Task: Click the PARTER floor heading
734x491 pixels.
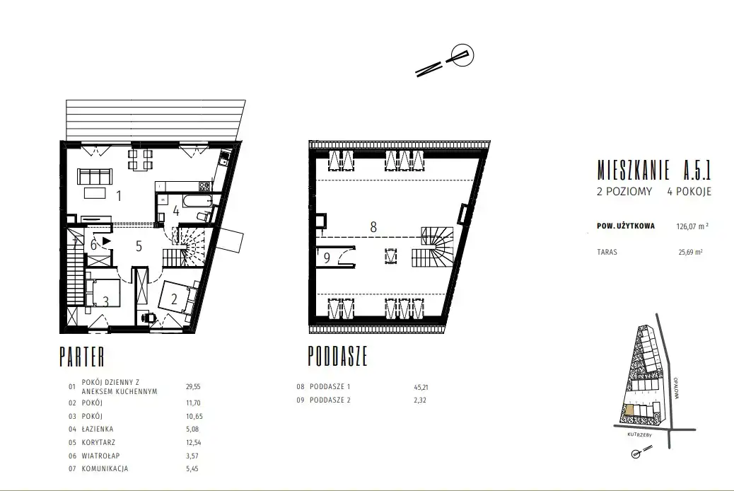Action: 82,357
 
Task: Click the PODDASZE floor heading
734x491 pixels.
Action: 337,356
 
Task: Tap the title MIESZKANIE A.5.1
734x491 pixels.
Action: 654,170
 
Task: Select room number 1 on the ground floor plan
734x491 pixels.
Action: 119,196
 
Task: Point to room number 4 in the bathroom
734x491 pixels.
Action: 176,211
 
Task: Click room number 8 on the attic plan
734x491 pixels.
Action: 373,227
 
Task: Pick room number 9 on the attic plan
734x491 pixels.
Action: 327,258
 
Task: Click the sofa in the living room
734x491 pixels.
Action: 95,176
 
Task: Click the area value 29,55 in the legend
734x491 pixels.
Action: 193,386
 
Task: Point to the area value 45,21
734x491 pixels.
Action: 421,388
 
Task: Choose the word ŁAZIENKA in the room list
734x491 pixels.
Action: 98,429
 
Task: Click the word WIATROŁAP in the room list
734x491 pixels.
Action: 100,456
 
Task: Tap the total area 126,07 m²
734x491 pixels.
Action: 692,226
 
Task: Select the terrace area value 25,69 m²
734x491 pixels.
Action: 690,252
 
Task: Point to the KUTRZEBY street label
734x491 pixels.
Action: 640,435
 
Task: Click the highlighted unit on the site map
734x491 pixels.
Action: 629,410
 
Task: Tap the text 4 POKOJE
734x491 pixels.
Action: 689,192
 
